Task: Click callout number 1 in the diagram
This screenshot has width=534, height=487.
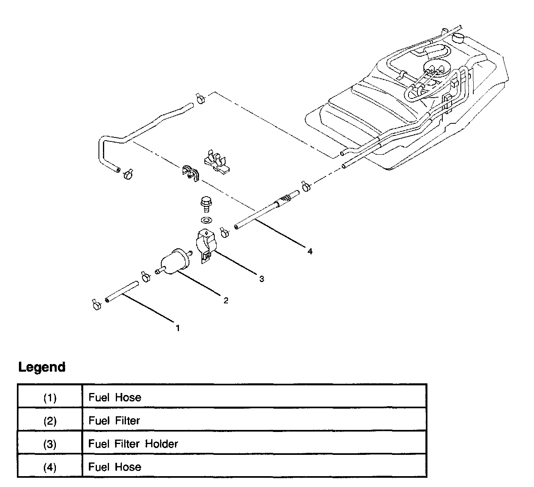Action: pyautogui.click(x=177, y=328)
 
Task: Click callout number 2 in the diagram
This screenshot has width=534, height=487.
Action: pyautogui.click(x=226, y=300)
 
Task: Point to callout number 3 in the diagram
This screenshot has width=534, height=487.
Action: pyautogui.click(x=261, y=279)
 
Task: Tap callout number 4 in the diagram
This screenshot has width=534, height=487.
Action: pyautogui.click(x=309, y=252)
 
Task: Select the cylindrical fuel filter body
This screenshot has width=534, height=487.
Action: pyautogui.click(x=174, y=261)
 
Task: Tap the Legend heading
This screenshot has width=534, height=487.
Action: pyautogui.click(x=42, y=367)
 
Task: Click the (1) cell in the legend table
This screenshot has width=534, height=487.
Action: pyautogui.click(x=50, y=397)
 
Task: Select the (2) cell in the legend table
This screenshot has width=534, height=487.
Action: pyautogui.click(x=50, y=421)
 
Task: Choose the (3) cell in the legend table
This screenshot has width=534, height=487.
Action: pyautogui.click(x=50, y=444)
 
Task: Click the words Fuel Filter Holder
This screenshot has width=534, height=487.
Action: pyautogui.click(x=133, y=444)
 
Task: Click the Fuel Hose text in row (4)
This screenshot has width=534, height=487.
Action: pyautogui.click(x=115, y=467)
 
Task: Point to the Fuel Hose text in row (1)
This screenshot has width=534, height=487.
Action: pyautogui.click(x=115, y=397)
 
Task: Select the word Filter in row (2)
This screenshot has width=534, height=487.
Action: pyautogui.click(x=127, y=421)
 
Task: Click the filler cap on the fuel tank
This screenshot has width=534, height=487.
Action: pyautogui.click(x=458, y=38)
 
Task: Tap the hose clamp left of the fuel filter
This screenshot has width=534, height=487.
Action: pyautogui.click(x=145, y=276)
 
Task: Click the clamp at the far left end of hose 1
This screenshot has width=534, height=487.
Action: pyautogui.click(x=96, y=305)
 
